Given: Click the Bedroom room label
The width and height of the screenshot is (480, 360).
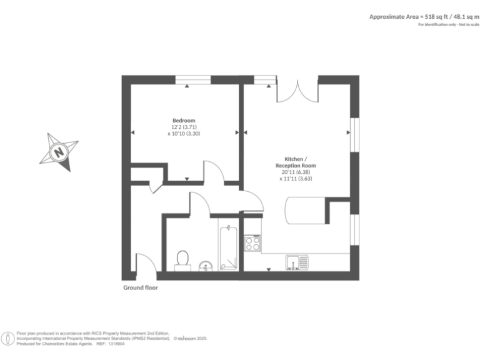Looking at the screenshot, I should coord(184,121).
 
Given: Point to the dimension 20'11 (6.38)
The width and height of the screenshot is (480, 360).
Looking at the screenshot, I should coord(296,172).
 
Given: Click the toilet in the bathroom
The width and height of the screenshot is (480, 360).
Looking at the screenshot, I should coord(182,260).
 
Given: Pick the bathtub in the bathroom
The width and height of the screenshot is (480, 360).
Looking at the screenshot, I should coord(228,247).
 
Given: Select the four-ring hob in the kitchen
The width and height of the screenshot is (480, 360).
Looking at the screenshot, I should coord(252,242).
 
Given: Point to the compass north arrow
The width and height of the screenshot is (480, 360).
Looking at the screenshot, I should coord(59,151).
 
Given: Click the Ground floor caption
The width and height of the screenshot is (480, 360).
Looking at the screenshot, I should coord(140,288).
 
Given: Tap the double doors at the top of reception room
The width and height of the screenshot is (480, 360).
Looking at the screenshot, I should coord(297,91).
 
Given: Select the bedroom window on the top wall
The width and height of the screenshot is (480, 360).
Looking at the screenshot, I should coord(192,79).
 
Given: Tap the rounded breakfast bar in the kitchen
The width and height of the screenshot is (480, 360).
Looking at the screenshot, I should coord(306,210).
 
